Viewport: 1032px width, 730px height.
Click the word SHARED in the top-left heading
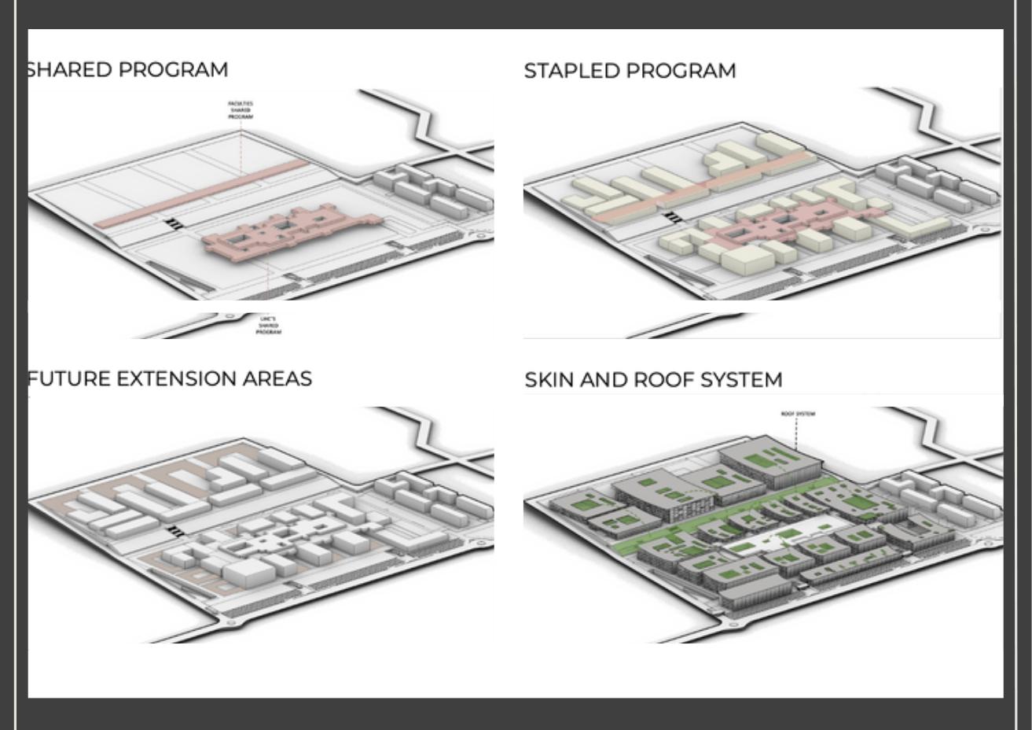point(69,69)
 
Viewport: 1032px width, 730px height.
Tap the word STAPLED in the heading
point(571,71)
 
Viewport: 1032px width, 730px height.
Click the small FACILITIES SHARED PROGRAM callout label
point(241,110)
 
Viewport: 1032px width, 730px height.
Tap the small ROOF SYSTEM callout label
point(798,414)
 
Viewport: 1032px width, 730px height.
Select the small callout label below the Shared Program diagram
point(268,325)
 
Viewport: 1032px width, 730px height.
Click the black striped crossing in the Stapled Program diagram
point(673,217)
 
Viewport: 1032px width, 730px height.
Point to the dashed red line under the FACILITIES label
point(241,146)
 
